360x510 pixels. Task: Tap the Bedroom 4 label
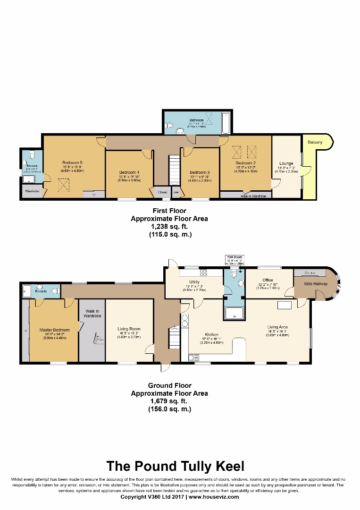[129, 172]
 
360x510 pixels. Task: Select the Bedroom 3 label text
[199, 172]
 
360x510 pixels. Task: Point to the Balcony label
[315, 142]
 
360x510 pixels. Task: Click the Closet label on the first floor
[162, 192]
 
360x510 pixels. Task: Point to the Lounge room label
[286, 163]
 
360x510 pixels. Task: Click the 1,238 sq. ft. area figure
[169, 227]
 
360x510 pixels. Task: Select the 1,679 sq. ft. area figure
[169, 401]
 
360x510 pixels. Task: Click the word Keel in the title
[228, 467]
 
